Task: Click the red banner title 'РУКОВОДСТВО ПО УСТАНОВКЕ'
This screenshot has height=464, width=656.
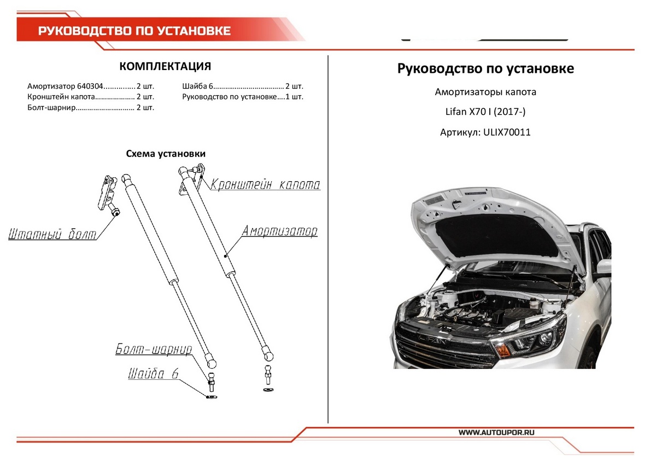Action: (x=134, y=31)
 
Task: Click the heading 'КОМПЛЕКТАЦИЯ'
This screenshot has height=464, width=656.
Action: (x=165, y=67)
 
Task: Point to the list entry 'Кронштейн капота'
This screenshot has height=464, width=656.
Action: (x=61, y=97)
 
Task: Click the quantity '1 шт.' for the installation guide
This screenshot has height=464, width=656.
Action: (x=294, y=97)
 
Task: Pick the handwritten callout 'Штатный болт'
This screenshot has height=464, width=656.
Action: (x=52, y=235)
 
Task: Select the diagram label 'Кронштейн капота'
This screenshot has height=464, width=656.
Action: (x=265, y=184)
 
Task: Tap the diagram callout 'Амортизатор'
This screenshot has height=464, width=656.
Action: (x=280, y=231)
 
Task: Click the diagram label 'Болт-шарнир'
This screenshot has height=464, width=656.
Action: (x=154, y=350)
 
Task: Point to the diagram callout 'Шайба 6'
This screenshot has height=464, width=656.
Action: (x=154, y=374)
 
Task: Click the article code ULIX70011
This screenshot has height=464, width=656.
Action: (x=507, y=132)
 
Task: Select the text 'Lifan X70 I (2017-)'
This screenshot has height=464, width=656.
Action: (x=485, y=112)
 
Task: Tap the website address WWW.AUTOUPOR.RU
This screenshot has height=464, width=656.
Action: (x=496, y=432)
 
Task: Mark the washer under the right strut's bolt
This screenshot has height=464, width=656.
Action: (x=267, y=390)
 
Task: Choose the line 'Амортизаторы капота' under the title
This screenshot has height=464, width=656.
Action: (x=485, y=92)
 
